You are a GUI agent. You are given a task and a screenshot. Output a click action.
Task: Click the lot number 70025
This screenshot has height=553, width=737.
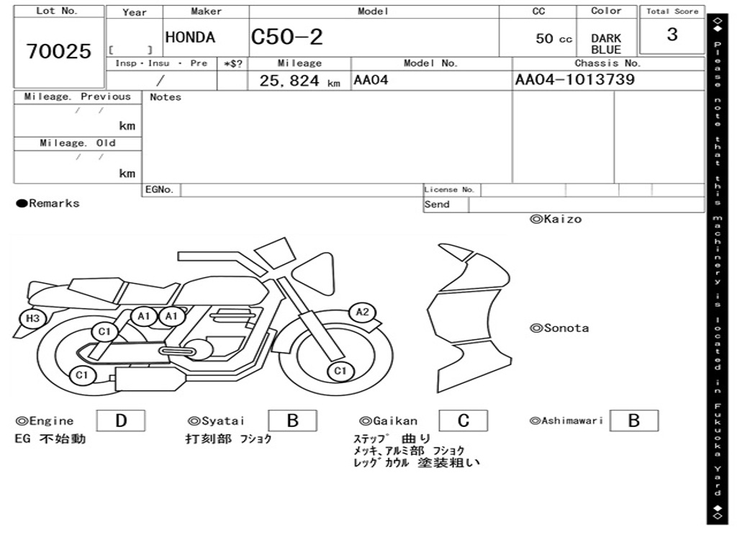coord(59,51)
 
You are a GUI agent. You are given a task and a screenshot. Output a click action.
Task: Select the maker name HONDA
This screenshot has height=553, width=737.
coord(190,37)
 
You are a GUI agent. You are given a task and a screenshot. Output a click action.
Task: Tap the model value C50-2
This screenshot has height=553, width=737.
coord(286,37)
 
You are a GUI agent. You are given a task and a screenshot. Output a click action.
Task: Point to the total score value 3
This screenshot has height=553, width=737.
coord(672,35)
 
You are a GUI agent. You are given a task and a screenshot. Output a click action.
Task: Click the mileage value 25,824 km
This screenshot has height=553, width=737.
coord(299,81)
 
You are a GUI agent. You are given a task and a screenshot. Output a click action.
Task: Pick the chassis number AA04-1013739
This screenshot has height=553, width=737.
coord(575,79)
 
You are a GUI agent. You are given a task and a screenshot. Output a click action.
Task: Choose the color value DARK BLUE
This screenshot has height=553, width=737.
coord(606,44)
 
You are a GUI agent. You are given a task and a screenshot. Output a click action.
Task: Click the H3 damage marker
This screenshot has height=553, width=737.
coord(32,318)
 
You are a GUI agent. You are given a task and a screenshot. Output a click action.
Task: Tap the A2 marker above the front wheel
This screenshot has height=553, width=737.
coord(363,312)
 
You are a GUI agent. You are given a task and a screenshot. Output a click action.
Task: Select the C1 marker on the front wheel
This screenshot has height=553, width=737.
coord(340,371)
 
